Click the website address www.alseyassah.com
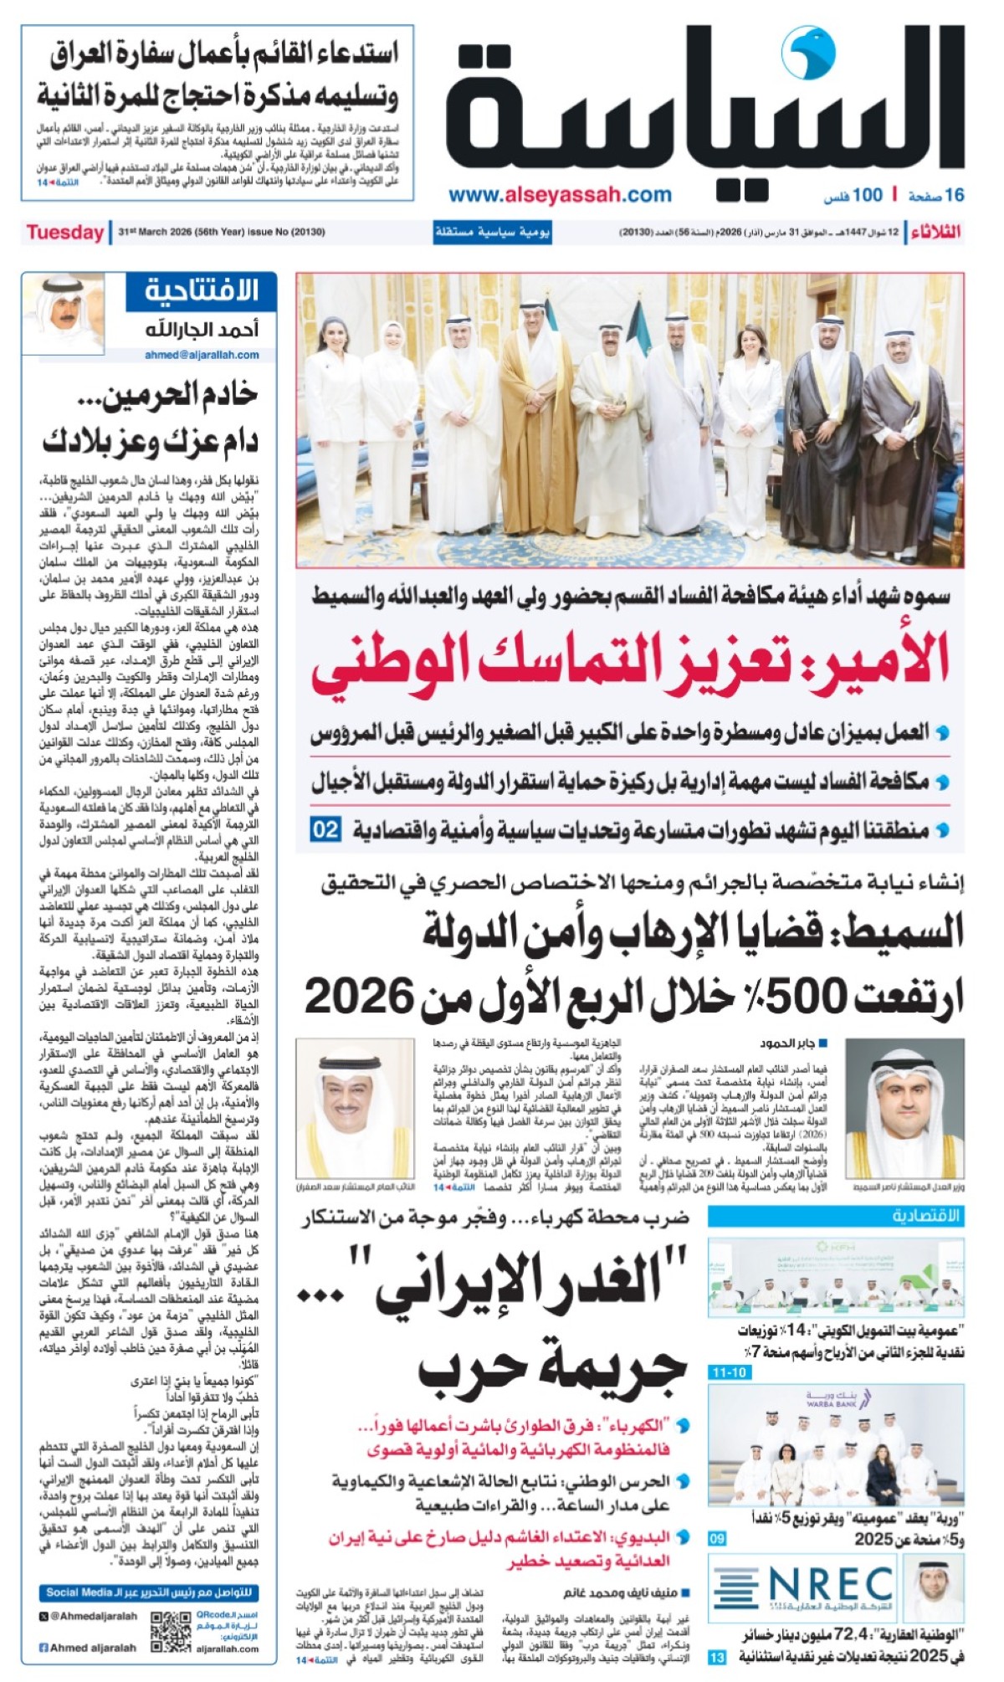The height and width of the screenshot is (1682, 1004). click(560, 195)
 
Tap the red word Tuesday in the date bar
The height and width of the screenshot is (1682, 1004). click(64, 232)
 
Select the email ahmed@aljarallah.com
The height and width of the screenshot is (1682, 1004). click(202, 355)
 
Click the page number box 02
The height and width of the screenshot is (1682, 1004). click(325, 830)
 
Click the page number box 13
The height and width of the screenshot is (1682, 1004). click(717, 1657)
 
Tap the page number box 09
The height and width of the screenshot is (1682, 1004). click(718, 1539)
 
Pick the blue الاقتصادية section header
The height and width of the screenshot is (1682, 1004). click(836, 1215)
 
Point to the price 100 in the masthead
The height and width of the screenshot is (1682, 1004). click(867, 195)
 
